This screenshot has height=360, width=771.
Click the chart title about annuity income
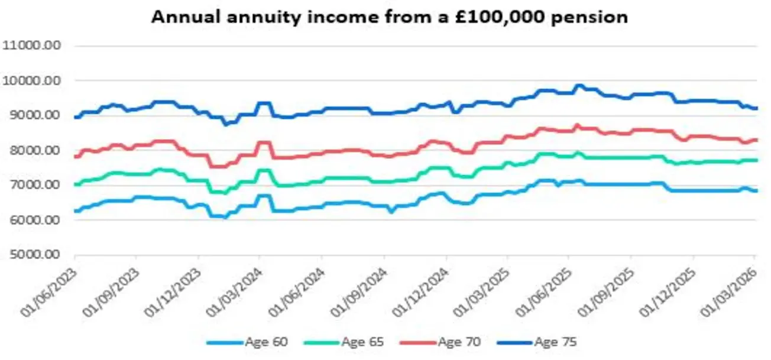coord(389,17)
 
